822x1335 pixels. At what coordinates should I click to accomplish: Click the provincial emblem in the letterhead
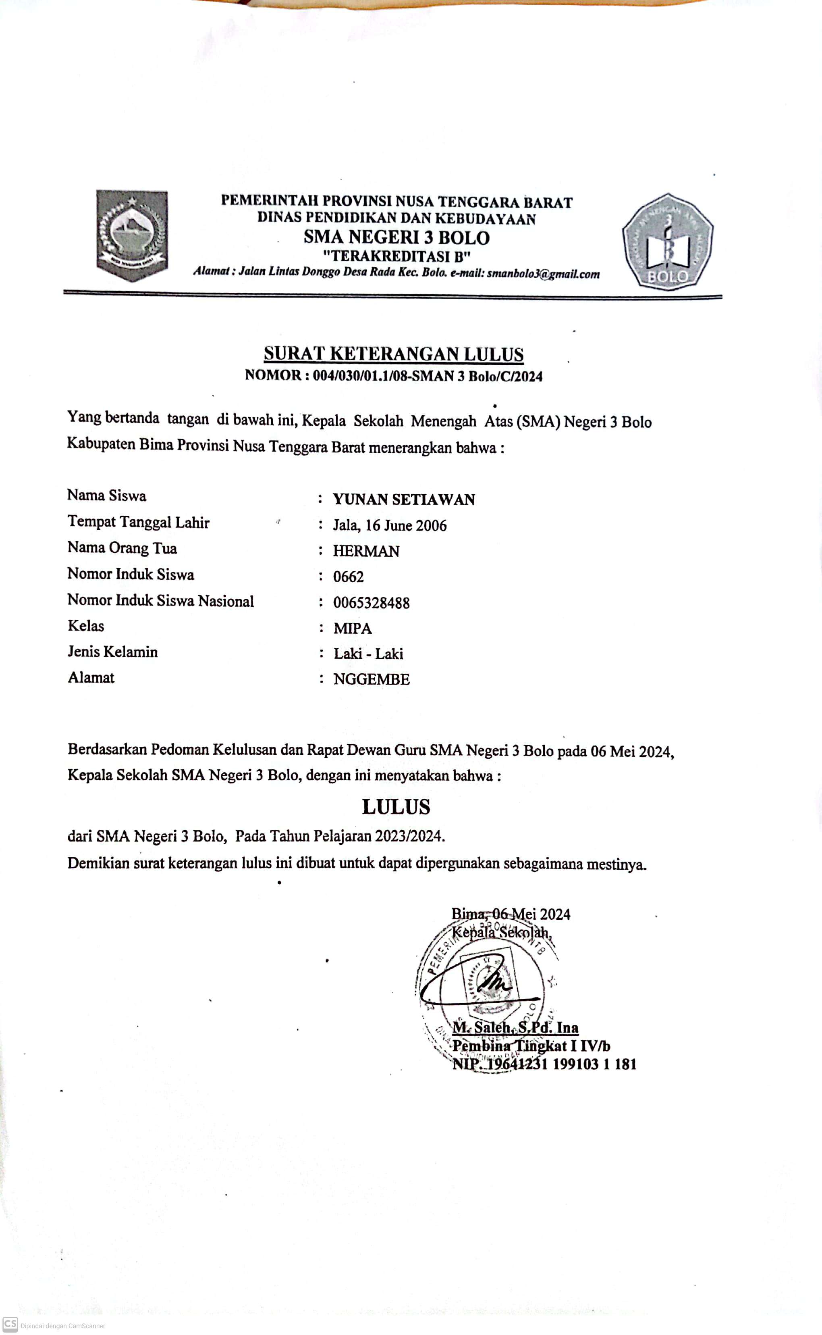(x=132, y=235)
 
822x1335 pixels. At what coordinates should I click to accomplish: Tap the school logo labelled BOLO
(x=668, y=242)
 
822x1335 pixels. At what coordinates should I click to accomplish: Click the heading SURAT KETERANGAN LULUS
(x=394, y=354)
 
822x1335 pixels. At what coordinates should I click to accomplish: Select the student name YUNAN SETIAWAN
(x=404, y=500)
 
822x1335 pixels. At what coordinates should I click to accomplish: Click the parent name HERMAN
(x=366, y=551)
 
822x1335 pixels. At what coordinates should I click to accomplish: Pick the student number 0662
(x=348, y=577)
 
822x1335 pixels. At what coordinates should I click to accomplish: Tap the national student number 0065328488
(x=372, y=603)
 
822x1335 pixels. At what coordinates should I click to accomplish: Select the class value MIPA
(x=352, y=628)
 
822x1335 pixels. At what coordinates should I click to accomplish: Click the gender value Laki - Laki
(x=368, y=653)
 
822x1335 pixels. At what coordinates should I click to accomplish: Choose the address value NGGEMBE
(x=372, y=679)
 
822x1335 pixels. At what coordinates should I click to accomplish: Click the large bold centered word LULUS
(x=396, y=807)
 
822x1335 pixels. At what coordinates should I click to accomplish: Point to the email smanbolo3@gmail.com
(x=543, y=274)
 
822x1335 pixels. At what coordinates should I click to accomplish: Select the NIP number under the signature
(x=544, y=1064)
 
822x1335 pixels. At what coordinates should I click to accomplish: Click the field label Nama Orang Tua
(x=122, y=548)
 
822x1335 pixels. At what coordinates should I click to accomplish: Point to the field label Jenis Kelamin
(x=112, y=652)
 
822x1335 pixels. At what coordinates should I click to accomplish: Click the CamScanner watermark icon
(x=10, y=1324)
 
